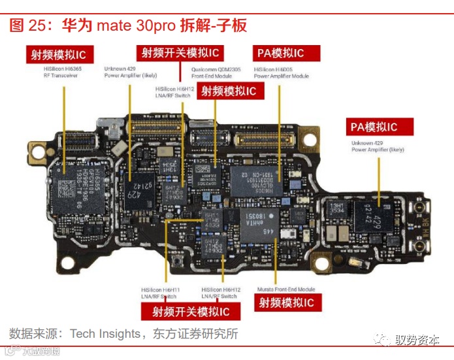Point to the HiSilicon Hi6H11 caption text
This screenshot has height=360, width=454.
click(x=160, y=293)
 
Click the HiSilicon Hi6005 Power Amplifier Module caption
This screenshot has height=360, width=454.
click(x=281, y=73)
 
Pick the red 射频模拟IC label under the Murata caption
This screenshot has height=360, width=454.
click(x=286, y=303)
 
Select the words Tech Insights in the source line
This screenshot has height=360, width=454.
click(x=104, y=335)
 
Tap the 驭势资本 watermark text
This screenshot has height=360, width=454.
click(x=417, y=341)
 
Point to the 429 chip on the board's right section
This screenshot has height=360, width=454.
click(x=372, y=216)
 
